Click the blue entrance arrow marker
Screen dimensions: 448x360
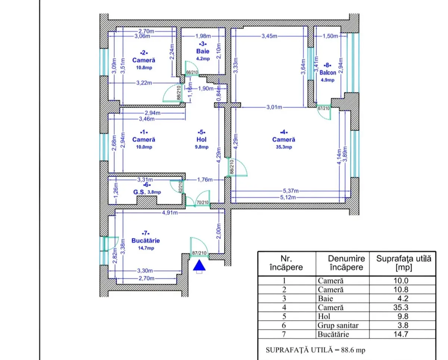click(x=199, y=265)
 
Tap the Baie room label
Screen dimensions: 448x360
click(x=203, y=51)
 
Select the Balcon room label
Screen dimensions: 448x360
click(x=328, y=73)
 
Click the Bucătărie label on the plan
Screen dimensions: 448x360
click(x=146, y=241)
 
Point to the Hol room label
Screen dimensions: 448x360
click(x=202, y=140)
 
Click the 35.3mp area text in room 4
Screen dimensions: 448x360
click(x=284, y=147)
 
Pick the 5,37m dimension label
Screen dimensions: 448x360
click(x=291, y=191)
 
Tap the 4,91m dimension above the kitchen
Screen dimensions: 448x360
click(x=170, y=212)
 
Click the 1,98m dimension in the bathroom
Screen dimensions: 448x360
click(x=203, y=36)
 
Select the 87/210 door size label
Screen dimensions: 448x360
click(x=199, y=253)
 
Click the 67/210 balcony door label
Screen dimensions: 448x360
click(x=324, y=108)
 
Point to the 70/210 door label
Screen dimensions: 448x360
click(x=203, y=202)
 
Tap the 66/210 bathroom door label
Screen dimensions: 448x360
click(x=192, y=72)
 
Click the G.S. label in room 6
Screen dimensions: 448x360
click(x=140, y=192)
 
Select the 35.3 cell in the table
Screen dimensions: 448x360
click(x=401, y=307)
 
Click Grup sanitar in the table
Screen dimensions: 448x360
click(x=338, y=325)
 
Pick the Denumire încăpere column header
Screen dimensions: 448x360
click(x=346, y=263)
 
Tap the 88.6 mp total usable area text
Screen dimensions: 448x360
click(x=353, y=350)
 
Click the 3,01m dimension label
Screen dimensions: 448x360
click(x=274, y=107)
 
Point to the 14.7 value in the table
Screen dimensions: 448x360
click(x=401, y=334)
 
